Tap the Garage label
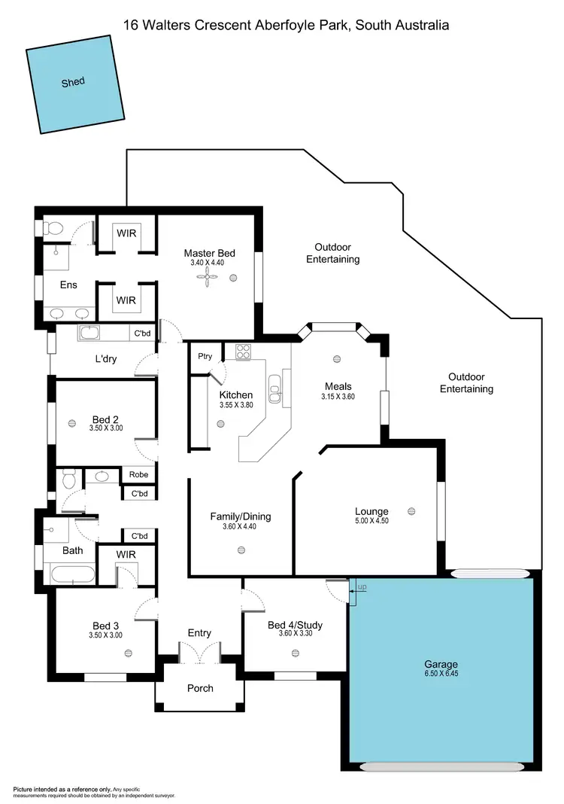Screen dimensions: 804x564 click(441, 665)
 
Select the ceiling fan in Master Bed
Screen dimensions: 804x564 click(207, 278)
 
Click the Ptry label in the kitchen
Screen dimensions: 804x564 click(204, 356)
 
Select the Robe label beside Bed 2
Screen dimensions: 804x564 click(138, 474)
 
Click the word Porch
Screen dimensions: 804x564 click(200, 688)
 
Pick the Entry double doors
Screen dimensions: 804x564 click(200, 652)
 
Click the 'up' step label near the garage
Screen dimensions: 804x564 click(362, 586)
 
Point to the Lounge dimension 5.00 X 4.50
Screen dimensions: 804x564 click(371, 521)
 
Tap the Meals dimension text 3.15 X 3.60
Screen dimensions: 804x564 click(338, 397)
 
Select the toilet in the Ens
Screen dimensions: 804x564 click(55, 227)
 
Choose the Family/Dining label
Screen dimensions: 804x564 click(240, 516)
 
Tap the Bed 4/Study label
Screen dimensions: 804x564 click(295, 625)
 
